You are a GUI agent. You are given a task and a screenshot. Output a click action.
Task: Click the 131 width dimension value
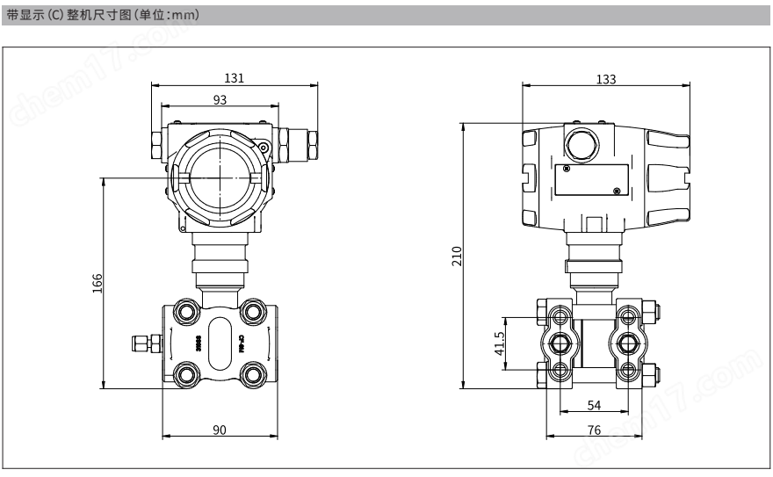click(x=234, y=77)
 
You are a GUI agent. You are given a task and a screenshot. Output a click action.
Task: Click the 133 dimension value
click(x=605, y=78)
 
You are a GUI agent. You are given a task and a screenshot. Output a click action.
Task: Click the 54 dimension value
click(x=594, y=405)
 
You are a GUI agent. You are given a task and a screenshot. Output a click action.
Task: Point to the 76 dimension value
click(x=594, y=430)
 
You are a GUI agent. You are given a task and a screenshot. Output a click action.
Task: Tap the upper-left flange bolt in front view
click(x=186, y=310)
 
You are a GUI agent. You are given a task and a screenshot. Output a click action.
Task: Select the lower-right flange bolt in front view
click(x=254, y=372)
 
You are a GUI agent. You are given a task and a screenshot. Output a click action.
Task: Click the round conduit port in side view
click(x=580, y=141)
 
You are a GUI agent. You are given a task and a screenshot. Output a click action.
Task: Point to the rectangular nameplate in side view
click(x=589, y=180)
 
